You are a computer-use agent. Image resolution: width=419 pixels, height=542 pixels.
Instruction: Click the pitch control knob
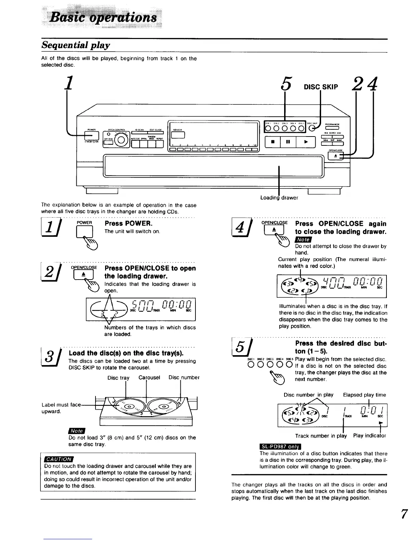(x=122, y=140)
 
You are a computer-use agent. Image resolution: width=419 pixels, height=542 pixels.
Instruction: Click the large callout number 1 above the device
(x=69, y=83)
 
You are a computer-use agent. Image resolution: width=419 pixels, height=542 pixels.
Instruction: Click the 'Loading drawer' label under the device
(x=279, y=197)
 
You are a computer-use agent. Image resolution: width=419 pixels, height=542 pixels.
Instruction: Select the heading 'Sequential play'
(x=76, y=45)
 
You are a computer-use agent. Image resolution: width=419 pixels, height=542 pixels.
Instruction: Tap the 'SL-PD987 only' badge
(x=280, y=447)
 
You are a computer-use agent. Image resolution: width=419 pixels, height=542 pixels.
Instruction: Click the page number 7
(x=404, y=514)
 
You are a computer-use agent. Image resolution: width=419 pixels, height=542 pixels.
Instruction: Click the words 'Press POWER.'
(x=124, y=223)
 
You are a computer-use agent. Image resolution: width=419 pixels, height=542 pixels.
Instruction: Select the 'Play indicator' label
(x=370, y=436)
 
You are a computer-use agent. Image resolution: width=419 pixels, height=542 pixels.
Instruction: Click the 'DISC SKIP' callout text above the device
(x=321, y=87)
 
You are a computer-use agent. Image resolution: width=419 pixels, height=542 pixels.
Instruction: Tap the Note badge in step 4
(x=303, y=240)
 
